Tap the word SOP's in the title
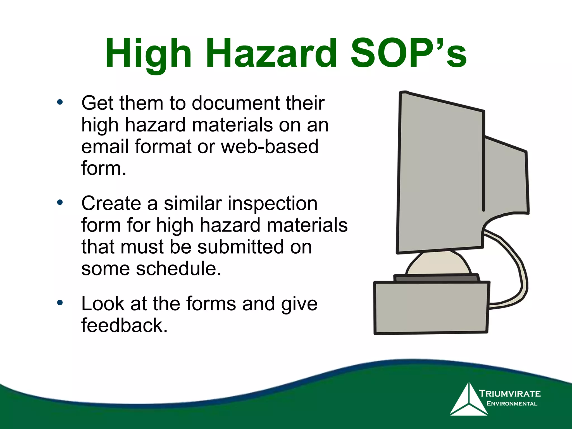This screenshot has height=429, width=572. (408, 54)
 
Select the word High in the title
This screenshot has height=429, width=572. (148, 54)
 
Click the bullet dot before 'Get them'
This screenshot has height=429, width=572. (60, 102)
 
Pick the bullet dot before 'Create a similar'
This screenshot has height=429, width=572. (60, 202)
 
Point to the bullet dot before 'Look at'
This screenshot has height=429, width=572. (60, 303)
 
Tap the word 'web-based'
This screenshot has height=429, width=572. (270, 147)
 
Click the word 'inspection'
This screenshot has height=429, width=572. (272, 203)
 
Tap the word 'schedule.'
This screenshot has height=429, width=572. (178, 269)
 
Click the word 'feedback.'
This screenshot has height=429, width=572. (124, 326)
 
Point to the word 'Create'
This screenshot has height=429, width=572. (111, 203)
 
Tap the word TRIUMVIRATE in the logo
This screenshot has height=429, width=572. (510, 394)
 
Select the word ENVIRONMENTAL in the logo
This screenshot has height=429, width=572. (512, 404)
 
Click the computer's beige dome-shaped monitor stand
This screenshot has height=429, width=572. (438, 264)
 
